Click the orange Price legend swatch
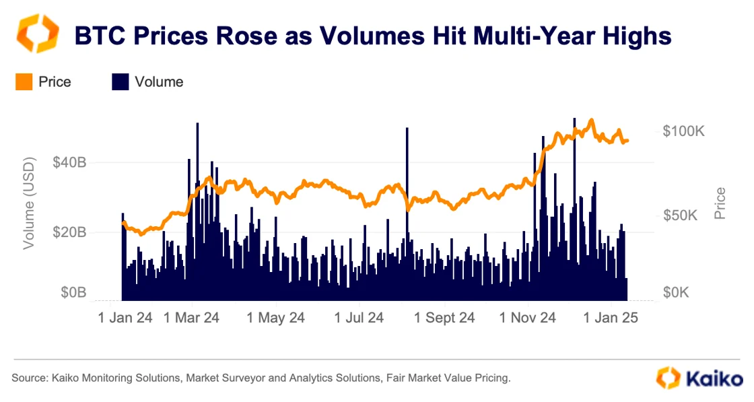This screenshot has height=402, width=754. tap(24, 82)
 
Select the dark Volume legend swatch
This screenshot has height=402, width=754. tap(120, 82)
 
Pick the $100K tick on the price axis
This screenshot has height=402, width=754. tap(683, 131)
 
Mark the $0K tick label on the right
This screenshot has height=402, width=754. tap(677, 293)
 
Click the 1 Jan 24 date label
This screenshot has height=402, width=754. tap(125, 317)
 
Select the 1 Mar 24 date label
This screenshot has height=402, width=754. tap(191, 317)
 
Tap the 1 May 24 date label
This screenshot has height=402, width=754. tap(276, 317)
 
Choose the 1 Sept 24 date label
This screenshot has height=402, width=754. tap(444, 317)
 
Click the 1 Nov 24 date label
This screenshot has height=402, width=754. tap(528, 317)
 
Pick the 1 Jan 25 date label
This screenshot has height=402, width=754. tap(610, 317)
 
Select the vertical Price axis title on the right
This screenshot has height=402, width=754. tap(720, 203)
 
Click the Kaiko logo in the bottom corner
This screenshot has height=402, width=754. tap(699, 378)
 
